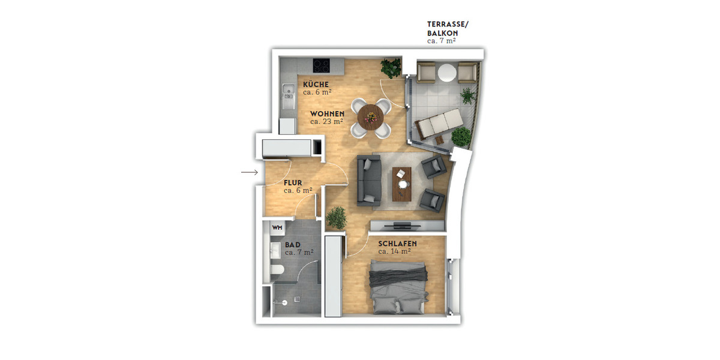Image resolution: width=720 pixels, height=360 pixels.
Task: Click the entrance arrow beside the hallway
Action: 249,173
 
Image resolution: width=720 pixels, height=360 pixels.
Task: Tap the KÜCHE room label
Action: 316,84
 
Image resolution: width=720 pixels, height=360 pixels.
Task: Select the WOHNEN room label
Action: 327,113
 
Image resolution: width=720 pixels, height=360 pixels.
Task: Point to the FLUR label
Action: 293,183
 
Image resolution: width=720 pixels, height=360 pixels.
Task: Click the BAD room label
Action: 293,245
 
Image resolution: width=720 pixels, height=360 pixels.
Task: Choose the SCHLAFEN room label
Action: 397,244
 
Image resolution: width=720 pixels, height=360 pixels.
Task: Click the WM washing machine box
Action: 277,228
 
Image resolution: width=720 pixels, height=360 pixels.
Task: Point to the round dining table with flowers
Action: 371,117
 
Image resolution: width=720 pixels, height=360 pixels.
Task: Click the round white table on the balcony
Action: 447,73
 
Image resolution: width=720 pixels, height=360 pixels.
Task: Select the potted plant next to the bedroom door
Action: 337,217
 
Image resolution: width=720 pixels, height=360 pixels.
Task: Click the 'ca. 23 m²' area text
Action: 326,121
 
